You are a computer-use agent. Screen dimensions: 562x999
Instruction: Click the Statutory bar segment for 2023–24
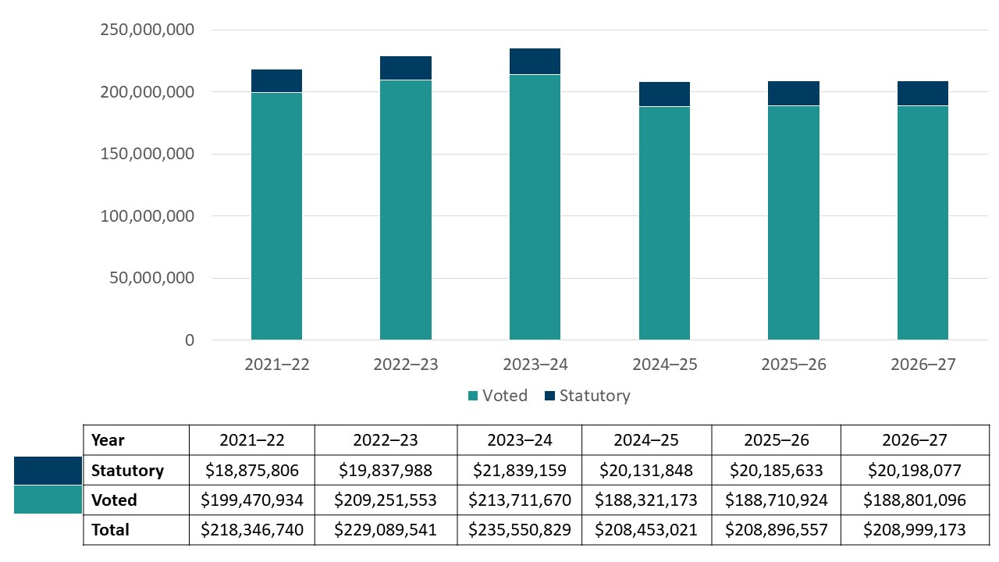pyautogui.click(x=535, y=62)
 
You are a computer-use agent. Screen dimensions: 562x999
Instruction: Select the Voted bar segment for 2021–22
pyautogui.click(x=276, y=216)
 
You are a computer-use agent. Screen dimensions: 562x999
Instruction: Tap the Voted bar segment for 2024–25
pyautogui.click(x=664, y=223)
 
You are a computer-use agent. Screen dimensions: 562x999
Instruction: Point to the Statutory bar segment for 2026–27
pyautogui.click(x=923, y=93)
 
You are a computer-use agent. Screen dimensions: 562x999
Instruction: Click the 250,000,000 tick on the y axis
pyautogui.click(x=148, y=30)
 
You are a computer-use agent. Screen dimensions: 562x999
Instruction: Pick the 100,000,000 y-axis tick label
pyautogui.click(x=148, y=216)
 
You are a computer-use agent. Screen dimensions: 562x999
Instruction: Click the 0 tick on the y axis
pyautogui.click(x=190, y=340)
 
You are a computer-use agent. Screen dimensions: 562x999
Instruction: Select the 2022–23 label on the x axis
pyautogui.click(x=406, y=365)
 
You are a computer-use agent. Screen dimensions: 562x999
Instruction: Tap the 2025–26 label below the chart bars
pyautogui.click(x=794, y=365)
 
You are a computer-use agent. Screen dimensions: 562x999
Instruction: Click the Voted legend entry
pyautogui.click(x=497, y=396)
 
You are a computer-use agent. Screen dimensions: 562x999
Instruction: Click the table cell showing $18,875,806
pyautogui.click(x=251, y=471)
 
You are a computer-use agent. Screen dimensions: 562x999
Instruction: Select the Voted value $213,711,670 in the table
pyautogui.click(x=519, y=500)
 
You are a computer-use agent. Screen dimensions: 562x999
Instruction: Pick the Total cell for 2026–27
pyautogui.click(x=914, y=530)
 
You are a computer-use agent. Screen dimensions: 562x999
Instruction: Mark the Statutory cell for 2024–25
pyautogui.click(x=645, y=471)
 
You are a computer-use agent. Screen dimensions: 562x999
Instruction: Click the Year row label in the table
pyautogui.click(x=108, y=440)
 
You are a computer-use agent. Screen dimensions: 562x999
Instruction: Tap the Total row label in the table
pyautogui.click(x=110, y=530)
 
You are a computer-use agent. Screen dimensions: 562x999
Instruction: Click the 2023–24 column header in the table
pyautogui.click(x=519, y=440)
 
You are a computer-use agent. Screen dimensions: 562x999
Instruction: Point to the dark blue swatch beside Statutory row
pyautogui.click(x=48, y=471)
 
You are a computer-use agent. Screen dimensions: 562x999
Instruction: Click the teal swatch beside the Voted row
pyautogui.click(x=48, y=500)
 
